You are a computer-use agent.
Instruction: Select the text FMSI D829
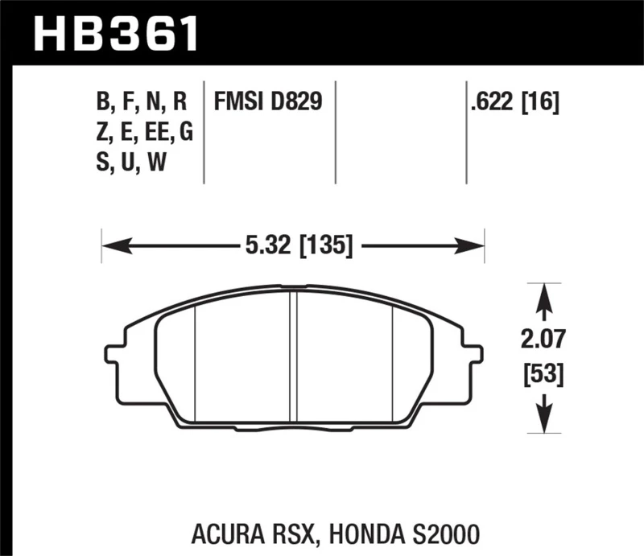pyautogui.click(x=268, y=102)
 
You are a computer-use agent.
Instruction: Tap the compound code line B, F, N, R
pyautogui.click(x=141, y=102)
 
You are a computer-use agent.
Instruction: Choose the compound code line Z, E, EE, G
pyautogui.click(x=144, y=133)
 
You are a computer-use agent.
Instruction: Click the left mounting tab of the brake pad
pyautogui.click(x=114, y=354)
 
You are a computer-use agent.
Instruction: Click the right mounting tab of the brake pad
pyautogui.click(x=474, y=354)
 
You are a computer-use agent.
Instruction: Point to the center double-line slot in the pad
pyautogui.click(x=294, y=354)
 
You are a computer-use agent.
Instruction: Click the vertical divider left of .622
pyautogui.click(x=467, y=133)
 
